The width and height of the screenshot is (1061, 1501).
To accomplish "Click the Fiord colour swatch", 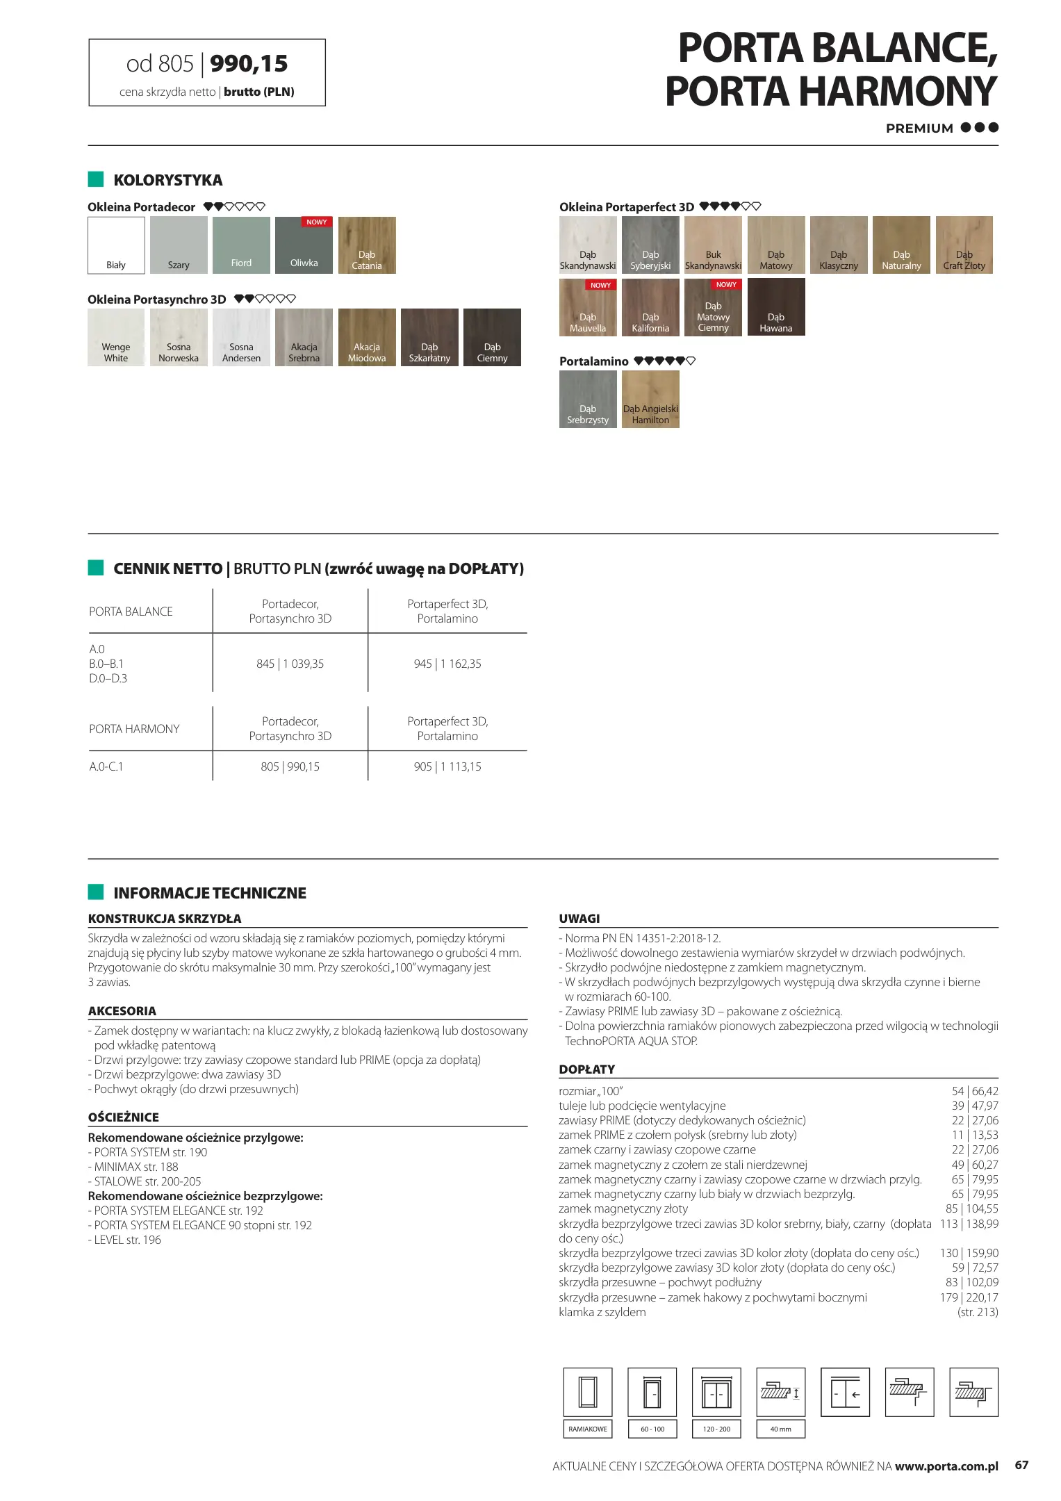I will point(241,245).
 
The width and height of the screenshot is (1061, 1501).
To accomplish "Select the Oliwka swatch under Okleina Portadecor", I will point(304,245).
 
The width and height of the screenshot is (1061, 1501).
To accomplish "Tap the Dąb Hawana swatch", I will point(775,307).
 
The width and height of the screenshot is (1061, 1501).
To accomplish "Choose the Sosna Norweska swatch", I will point(179,337).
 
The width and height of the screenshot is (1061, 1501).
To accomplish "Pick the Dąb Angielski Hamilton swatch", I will point(650,399).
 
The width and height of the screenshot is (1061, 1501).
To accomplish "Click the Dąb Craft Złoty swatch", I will point(964,245).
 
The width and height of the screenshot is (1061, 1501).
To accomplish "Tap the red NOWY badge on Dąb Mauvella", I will point(600,285).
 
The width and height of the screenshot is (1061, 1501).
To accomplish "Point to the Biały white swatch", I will point(116,245).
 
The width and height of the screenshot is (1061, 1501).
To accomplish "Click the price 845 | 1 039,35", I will point(290,664).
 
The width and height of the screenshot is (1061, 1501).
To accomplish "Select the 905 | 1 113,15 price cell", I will point(447,766).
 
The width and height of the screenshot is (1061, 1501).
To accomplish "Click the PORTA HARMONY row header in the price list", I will point(134,729).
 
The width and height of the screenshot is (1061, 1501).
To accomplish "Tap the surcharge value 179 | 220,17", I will point(969,1297).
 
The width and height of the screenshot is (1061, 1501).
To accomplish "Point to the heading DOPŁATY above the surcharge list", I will point(586,1069).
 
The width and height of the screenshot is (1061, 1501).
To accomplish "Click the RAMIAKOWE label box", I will point(587,1429).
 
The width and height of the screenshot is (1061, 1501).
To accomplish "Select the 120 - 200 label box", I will point(716,1429).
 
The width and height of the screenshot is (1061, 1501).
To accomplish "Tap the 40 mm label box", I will point(780,1429).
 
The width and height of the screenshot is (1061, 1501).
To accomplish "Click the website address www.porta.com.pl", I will point(946,1466).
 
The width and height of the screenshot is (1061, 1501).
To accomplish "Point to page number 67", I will point(1021,1465).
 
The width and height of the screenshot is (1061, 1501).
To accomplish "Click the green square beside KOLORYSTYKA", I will point(96,179).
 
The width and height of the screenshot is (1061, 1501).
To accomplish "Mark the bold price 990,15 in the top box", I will point(249,64).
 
